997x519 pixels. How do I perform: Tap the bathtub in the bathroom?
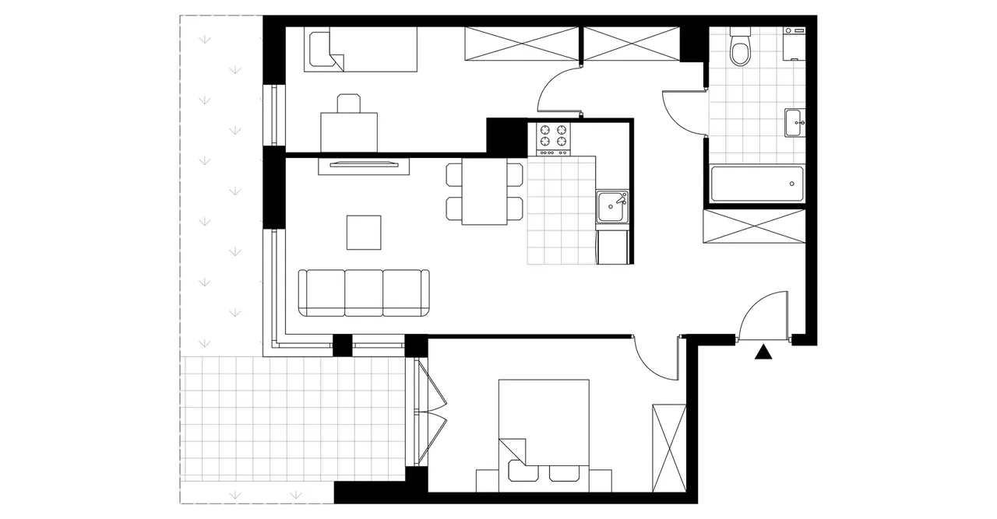[756, 184]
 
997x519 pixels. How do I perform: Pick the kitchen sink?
[612, 208]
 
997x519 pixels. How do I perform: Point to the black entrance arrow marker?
[764, 352]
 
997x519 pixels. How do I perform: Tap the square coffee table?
[365, 233]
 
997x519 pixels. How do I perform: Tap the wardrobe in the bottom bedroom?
[669, 447]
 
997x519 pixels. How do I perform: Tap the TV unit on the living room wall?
[364, 163]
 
